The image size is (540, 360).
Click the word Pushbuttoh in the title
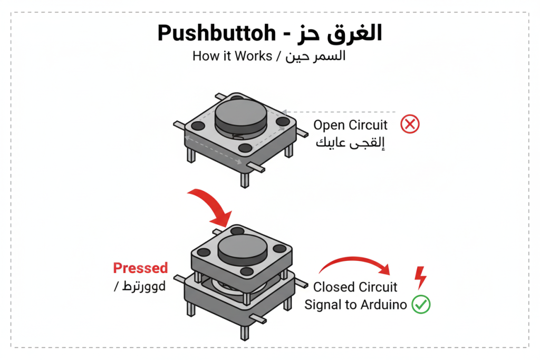217,34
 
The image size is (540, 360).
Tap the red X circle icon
410,125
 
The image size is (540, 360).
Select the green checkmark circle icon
421,304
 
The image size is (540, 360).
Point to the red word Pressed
140,268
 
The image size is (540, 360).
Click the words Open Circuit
350,125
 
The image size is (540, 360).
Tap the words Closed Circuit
355,287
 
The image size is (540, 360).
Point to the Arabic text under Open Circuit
350,143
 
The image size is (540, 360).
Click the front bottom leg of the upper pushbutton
244,179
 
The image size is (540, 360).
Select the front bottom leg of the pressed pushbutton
244,332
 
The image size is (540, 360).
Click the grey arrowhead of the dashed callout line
284,112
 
